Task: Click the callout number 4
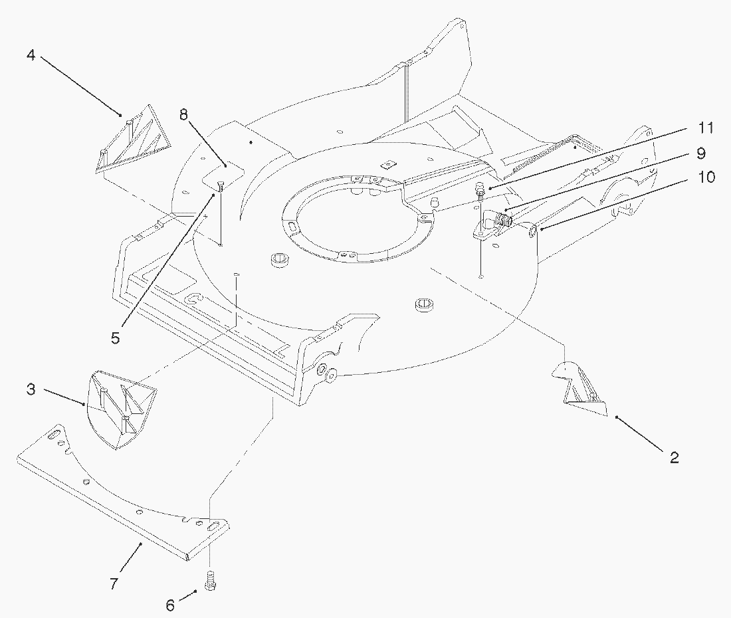[x=31, y=55]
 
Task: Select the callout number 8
[x=183, y=114]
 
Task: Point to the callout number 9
[x=700, y=154]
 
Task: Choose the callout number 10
[x=706, y=177]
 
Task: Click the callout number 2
[x=674, y=457]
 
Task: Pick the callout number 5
[x=115, y=338]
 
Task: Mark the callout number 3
[x=31, y=389]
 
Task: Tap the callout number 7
[x=114, y=583]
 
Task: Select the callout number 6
[x=170, y=605]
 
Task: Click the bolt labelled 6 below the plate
[x=211, y=581]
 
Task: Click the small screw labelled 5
[x=221, y=186]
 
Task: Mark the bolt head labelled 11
[x=478, y=189]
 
